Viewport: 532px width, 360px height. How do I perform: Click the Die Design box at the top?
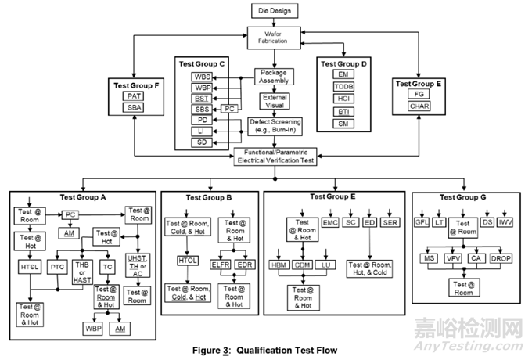273,11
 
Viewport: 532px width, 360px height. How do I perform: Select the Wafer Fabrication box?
273,36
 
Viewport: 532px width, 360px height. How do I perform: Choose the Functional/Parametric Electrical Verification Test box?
277,155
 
